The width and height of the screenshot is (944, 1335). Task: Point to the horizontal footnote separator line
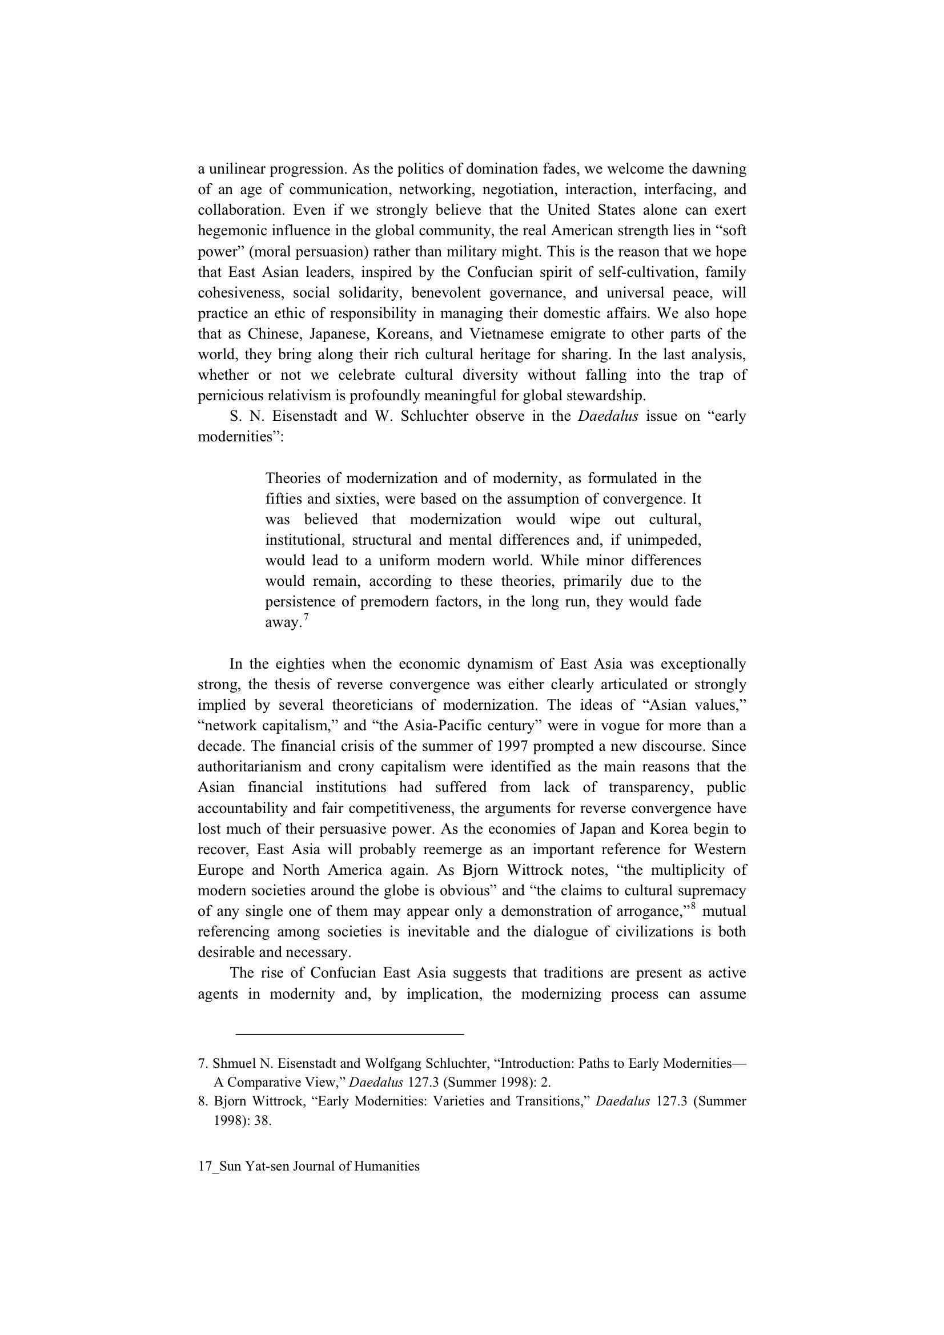point(350,1035)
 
